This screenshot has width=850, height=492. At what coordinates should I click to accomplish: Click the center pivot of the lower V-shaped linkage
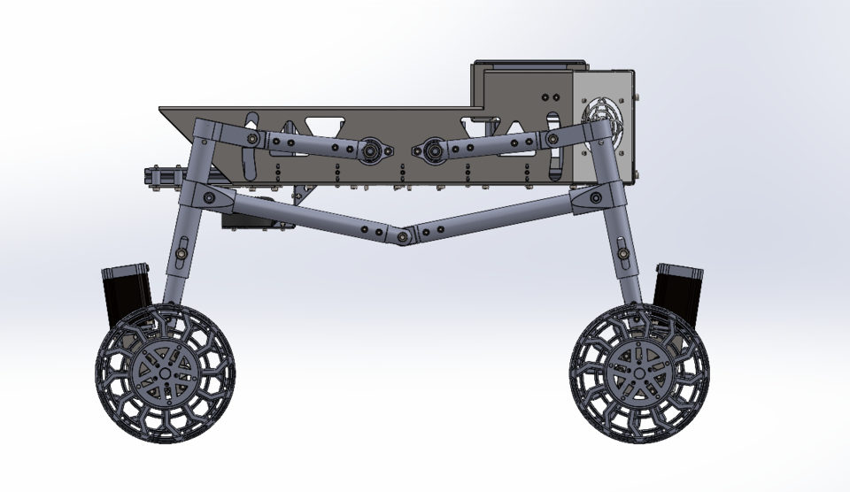pyautogui.click(x=405, y=236)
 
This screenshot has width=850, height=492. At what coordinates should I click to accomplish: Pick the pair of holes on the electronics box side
pyautogui.click(x=550, y=96)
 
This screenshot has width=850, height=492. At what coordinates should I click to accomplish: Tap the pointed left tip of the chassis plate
pyautogui.click(x=162, y=110)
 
